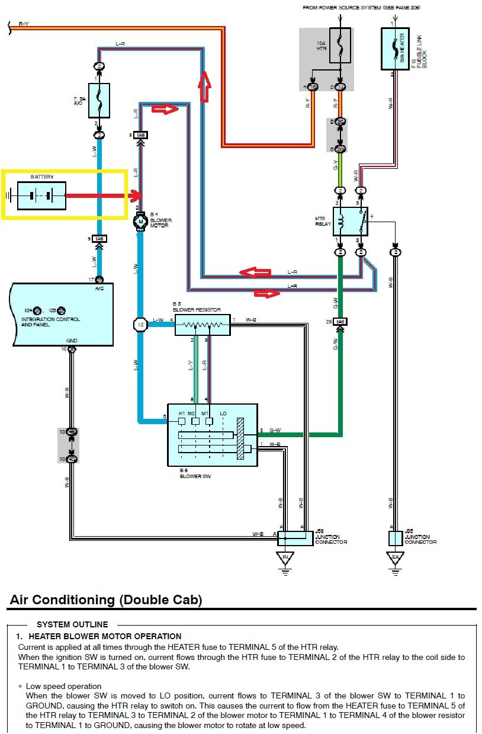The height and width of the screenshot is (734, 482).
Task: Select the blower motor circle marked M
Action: click(141, 222)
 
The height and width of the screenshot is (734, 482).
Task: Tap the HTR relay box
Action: click(350, 222)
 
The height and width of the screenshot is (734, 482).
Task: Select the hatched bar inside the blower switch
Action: click(240, 438)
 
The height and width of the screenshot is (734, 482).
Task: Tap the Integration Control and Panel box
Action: click(62, 314)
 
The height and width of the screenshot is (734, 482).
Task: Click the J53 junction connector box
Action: click(295, 538)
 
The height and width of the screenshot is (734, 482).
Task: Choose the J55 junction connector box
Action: click(396, 538)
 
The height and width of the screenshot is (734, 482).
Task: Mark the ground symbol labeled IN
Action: click(285, 559)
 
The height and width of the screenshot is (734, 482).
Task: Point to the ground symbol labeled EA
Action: click(394, 559)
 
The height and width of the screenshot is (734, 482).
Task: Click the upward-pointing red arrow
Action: click(205, 85)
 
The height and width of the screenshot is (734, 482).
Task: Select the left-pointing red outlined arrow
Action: click(255, 272)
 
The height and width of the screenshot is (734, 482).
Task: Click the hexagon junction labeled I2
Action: click(141, 325)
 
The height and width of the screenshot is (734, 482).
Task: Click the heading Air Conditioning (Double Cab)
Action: click(106, 600)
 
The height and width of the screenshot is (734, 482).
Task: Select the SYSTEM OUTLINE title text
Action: click(72, 624)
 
